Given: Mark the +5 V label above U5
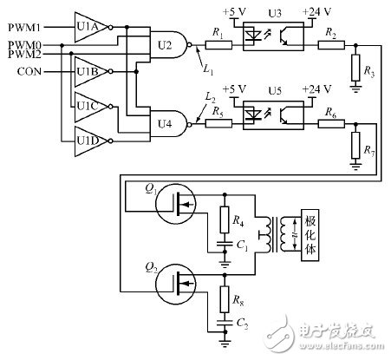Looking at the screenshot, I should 233,89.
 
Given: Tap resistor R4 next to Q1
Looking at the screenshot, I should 225,217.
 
